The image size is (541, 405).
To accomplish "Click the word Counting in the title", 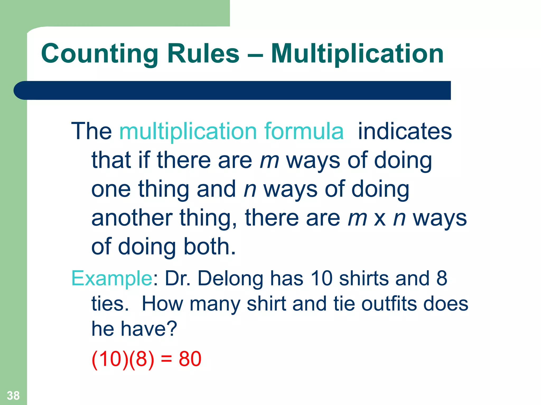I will pos(99,54).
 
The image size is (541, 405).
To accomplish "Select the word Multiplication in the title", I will pos(357,54).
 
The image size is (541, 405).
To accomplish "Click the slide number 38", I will pos(13,396).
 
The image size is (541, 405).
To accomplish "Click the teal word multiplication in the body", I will pos(188,132).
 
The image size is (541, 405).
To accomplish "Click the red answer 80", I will pos(190,359).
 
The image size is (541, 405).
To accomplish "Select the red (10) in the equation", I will pos(108,359).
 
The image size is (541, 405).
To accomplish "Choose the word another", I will pos(132,218).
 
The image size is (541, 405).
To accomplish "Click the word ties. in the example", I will pos(110,304).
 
